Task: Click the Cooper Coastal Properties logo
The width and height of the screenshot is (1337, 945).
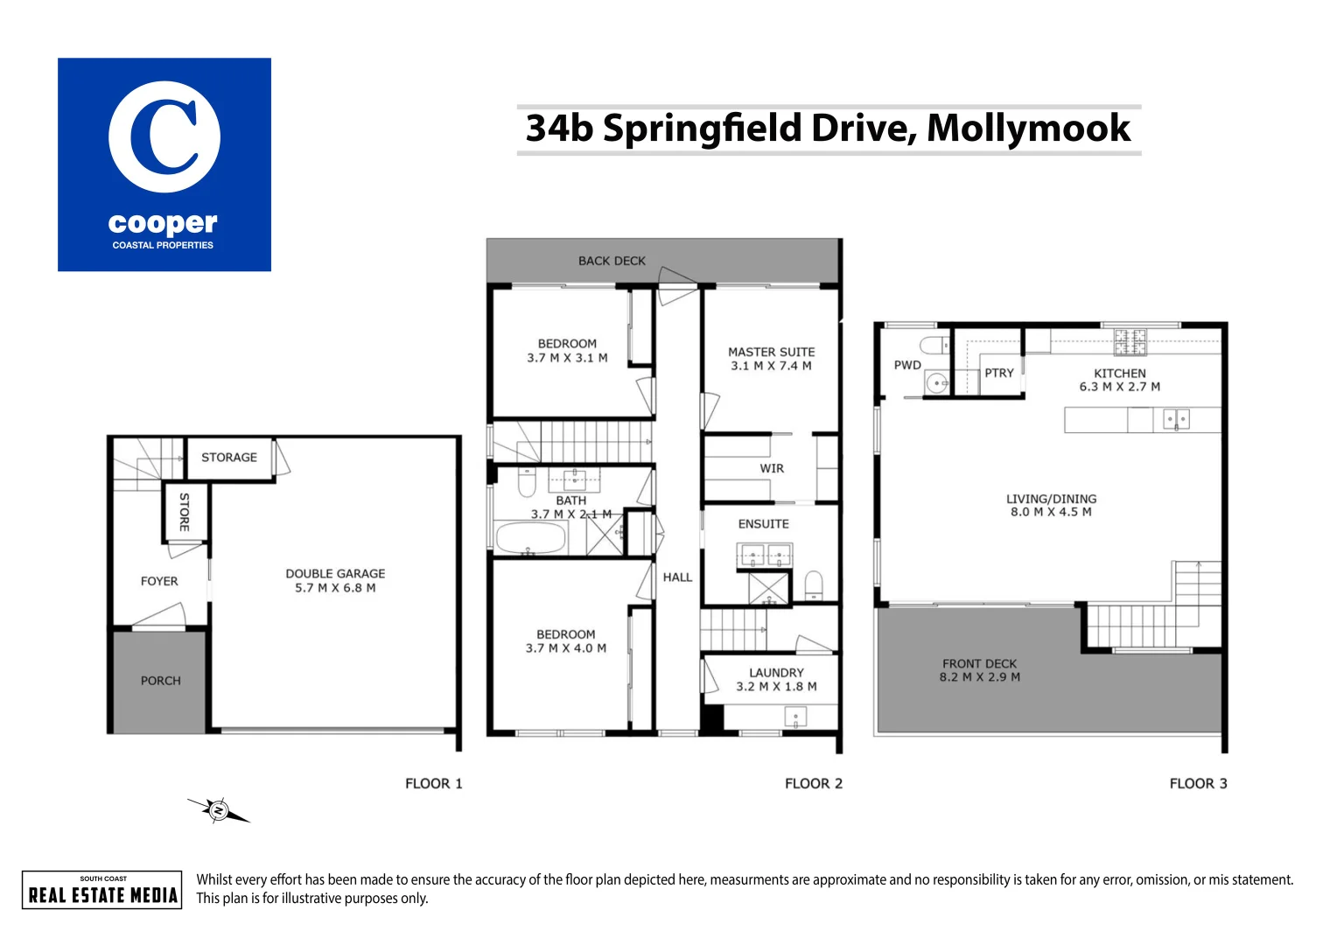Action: (164, 164)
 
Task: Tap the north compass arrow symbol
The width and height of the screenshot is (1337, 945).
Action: (218, 811)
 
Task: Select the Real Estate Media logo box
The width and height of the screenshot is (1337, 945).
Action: (102, 890)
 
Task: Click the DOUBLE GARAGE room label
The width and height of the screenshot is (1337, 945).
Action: (335, 574)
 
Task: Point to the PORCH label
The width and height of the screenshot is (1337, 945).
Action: (161, 681)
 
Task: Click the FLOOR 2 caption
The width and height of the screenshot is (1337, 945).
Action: (813, 784)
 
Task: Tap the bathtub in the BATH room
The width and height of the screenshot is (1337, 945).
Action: (530, 538)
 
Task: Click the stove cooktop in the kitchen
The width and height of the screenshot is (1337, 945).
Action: (1130, 342)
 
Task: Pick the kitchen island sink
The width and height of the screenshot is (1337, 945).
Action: (1176, 420)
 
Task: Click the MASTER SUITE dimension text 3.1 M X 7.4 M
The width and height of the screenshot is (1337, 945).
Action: (771, 366)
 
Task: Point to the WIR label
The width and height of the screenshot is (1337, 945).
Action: (772, 469)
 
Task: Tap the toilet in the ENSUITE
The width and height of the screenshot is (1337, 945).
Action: (814, 584)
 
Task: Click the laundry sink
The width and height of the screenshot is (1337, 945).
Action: (795, 717)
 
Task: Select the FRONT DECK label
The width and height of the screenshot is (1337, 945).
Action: (979, 664)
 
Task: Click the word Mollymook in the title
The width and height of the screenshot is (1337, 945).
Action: (1028, 129)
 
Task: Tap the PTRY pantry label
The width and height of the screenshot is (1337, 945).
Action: (998, 373)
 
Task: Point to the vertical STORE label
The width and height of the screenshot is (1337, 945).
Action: (184, 512)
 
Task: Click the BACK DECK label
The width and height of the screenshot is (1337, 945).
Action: (612, 261)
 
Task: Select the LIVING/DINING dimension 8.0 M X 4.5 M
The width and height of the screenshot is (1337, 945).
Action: (1051, 512)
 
